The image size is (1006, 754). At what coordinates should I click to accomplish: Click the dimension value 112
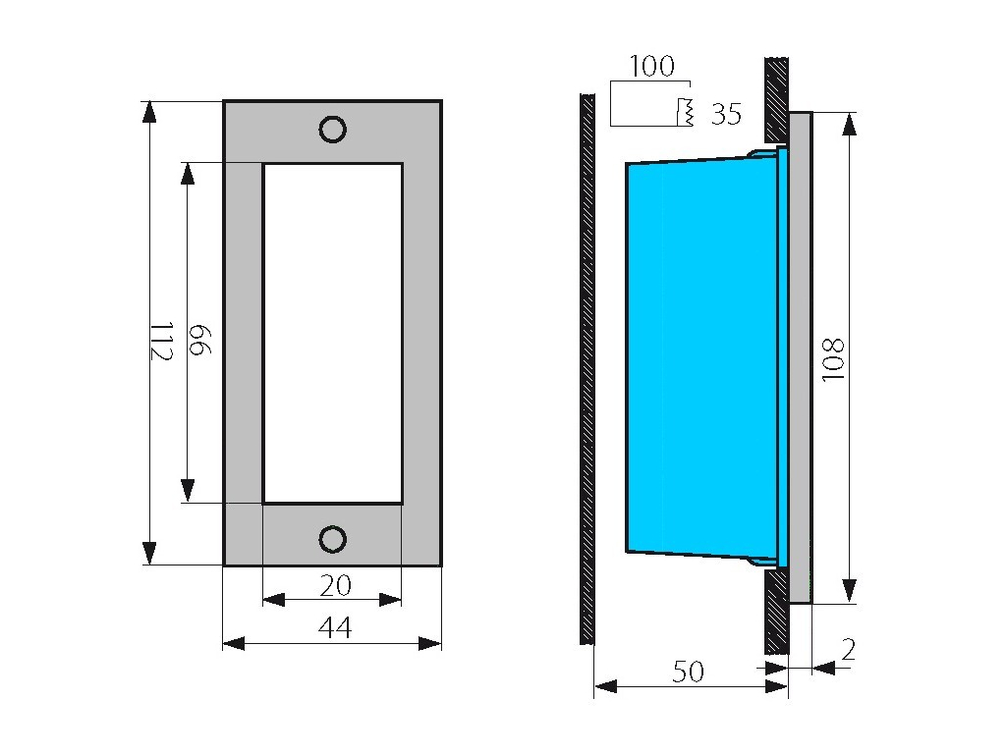tap(162, 341)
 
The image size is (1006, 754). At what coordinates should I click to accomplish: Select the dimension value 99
tap(199, 340)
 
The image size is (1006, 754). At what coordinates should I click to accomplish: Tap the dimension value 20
tap(336, 585)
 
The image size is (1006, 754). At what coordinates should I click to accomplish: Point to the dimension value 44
tap(335, 627)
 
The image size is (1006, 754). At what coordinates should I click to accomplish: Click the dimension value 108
tap(833, 359)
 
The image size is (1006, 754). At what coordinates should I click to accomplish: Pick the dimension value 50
tap(689, 672)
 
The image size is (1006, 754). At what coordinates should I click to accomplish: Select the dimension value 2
tap(848, 650)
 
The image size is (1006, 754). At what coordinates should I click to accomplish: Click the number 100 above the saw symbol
tap(651, 66)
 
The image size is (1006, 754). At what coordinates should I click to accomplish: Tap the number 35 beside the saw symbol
tap(726, 114)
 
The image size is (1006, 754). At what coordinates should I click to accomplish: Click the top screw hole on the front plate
tap(332, 130)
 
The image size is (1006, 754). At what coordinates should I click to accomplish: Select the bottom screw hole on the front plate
tap(332, 539)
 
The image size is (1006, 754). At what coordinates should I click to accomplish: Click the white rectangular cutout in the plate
tap(333, 334)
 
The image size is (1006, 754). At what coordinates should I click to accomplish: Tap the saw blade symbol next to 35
tap(685, 113)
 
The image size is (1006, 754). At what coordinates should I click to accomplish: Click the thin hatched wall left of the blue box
tap(587, 369)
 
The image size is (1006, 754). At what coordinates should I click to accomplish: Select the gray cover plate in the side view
tap(800, 357)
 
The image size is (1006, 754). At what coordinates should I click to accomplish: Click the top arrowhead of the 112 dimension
tap(149, 112)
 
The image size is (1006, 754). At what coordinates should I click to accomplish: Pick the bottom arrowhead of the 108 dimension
tap(850, 590)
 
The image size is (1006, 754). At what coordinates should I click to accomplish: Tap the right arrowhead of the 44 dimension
tap(430, 643)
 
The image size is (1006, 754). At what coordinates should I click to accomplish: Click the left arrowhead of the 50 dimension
tap(605, 686)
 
